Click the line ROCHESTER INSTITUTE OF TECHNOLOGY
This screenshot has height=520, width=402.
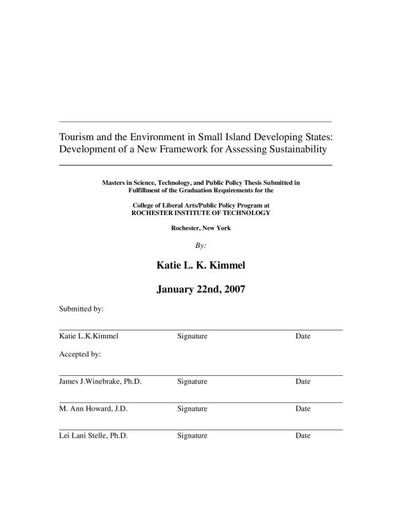click(200, 212)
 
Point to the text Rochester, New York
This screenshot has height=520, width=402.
click(201, 229)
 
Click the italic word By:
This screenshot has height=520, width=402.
click(200, 245)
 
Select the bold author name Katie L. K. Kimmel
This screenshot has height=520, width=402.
click(201, 265)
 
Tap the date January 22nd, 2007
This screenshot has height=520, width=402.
click(201, 290)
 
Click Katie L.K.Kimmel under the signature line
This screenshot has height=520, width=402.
click(89, 336)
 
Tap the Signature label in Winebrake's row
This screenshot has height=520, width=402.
click(192, 381)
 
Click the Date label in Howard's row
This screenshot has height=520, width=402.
click(303, 408)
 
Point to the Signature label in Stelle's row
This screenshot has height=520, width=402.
click(192, 436)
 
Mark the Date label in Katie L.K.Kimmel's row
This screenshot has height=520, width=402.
click(303, 336)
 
